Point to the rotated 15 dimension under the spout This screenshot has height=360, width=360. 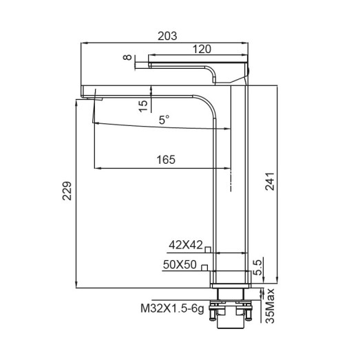pos(142,105)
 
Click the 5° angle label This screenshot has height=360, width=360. pos(164,120)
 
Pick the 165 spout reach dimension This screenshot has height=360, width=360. pos(165,160)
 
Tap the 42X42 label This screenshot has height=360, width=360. pos(187,244)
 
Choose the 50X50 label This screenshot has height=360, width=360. pos(180,264)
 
